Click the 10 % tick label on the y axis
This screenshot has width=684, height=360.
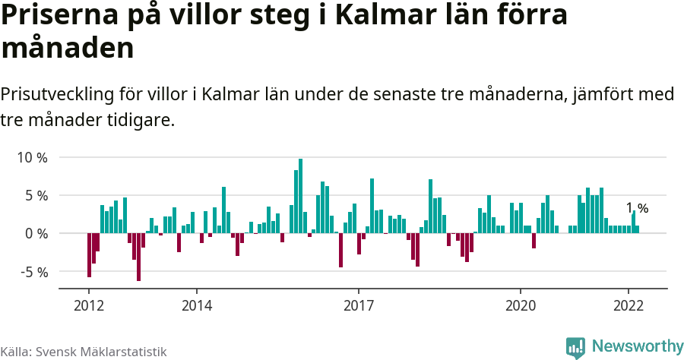31,158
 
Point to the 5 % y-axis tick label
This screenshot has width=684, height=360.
35,196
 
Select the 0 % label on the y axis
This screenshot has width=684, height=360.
35,234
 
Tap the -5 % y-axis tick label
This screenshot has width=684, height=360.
33,272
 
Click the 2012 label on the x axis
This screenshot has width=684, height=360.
89,306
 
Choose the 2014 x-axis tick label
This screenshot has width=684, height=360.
197,306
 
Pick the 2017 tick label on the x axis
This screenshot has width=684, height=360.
359,306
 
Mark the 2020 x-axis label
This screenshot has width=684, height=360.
521,306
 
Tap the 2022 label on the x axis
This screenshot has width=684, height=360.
629,306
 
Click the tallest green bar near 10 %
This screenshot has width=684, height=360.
301,196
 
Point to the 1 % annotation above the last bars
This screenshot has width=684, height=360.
637,208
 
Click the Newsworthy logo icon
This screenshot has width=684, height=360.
575,348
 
